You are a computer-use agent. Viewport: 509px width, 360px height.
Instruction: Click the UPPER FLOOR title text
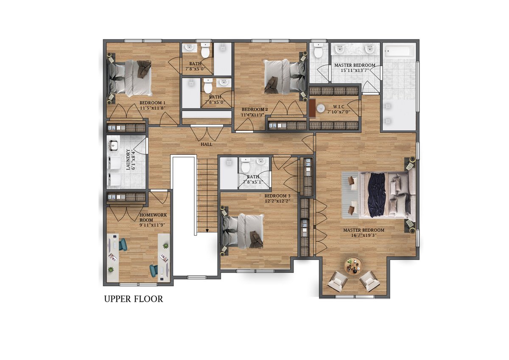point(134,299)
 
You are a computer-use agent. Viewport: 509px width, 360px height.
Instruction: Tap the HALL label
point(206,144)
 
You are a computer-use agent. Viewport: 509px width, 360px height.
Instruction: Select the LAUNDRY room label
point(129,160)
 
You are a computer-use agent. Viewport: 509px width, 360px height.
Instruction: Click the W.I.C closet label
point(338,107)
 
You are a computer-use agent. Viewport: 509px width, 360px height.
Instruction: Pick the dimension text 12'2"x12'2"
point(278,201)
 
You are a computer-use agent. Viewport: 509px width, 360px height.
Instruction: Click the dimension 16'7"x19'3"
point(364,235)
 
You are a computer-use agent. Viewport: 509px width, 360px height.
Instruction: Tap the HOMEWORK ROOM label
point(153,217)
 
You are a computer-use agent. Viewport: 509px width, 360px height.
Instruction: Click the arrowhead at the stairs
point(207,231)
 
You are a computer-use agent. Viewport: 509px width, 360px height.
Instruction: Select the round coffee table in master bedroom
point(354,266)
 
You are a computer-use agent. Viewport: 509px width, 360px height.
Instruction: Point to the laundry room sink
point(113,145)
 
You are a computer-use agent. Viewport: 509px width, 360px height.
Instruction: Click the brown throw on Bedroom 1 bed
point(145,69)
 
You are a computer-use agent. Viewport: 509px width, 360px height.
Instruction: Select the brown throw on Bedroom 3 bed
point(256,240)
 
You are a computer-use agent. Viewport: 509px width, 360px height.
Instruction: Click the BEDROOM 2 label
point(255,110)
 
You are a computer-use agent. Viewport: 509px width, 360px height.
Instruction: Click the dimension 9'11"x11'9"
point(152,225)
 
